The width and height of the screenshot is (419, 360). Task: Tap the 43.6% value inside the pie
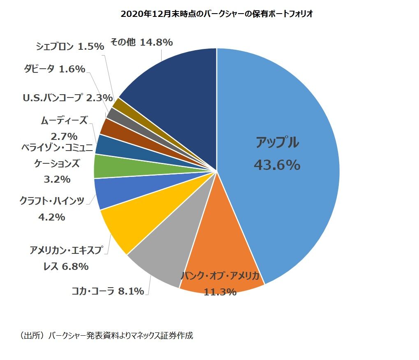(x=277, y=165)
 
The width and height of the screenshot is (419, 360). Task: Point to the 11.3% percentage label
(x=220, y=292)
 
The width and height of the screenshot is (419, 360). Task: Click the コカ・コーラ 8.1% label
(x=108, y=291)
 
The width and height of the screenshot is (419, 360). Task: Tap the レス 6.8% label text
(x=66, y=267)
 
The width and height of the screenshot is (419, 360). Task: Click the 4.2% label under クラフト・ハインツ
(x=51, y=217)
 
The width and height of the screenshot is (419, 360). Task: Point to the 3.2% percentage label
(x=57, y=179)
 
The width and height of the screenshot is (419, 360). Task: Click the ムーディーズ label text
(x=64, y=121)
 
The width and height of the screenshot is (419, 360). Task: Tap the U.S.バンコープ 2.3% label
(x=67, y=98)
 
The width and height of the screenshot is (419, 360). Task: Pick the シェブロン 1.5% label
(x=70, y=46)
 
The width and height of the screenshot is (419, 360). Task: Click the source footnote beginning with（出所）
(x=106, y=335)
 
